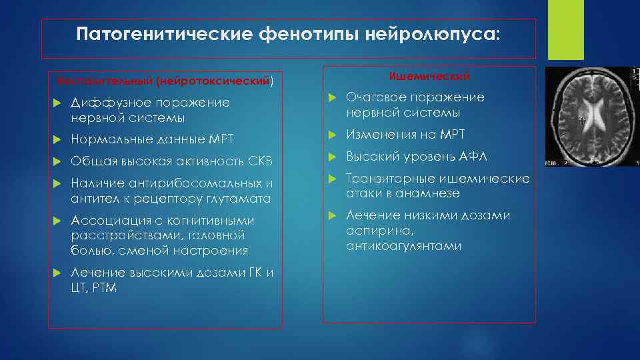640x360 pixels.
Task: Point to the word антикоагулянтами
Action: [403, 246]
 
